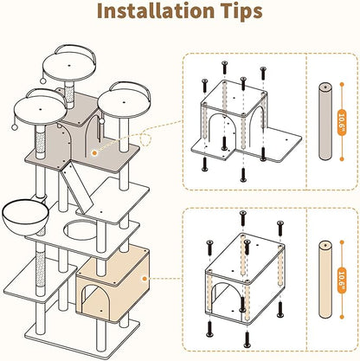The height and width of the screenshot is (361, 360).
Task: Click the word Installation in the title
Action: (x=156, y=10)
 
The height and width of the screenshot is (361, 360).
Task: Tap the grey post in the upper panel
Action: (x=325, y=121)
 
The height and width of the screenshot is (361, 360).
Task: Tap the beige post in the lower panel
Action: (x=325, y=280)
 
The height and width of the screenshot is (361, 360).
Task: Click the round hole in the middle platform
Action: (x=80, y=229)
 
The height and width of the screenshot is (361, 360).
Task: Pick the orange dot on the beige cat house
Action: (x=145, y=279)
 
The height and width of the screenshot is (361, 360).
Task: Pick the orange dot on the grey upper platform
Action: (x=93, y=153)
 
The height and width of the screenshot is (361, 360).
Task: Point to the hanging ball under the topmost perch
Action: (x=43, y=81)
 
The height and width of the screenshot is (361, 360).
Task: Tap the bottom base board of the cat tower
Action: (x=81, y=338)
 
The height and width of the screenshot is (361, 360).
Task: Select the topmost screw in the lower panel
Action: (x=243, y=218)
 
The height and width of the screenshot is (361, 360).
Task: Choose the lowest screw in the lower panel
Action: (x=247, y=339)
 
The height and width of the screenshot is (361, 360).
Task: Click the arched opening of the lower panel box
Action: (x=227, y=297)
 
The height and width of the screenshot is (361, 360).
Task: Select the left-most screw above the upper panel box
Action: (x=204, y=86)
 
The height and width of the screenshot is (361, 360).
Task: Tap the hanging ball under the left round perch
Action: (x=14, y=127)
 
